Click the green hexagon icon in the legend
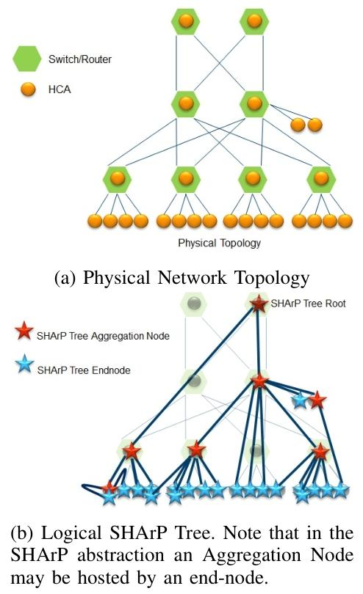[x=26, y=57]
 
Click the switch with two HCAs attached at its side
[x=253, y=103]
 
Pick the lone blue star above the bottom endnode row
[x=299, y=400]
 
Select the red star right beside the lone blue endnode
[x=317, y=400]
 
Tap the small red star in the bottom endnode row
[x=109, y=486]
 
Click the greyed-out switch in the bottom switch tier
[x=256, y=451]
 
